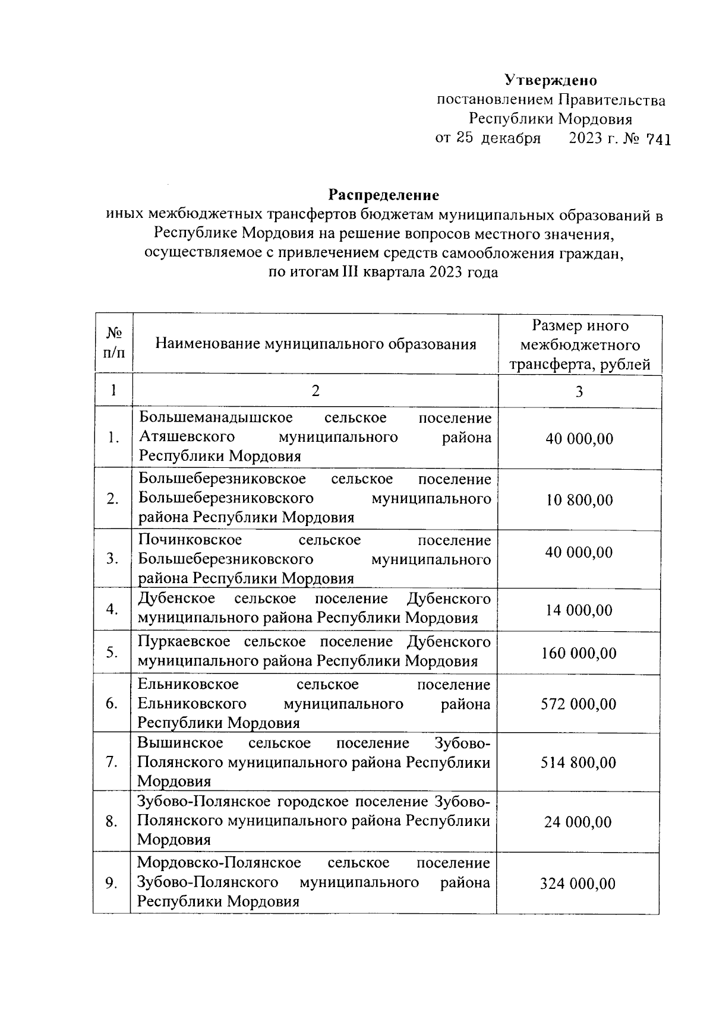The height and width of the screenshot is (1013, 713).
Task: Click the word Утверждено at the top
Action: (551, 80)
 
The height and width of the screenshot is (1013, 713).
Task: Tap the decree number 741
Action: (658, 140)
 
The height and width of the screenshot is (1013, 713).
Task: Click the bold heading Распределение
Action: (384, 195)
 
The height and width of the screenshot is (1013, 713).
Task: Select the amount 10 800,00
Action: (579, 500)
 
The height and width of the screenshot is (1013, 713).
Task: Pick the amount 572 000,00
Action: (578, 704)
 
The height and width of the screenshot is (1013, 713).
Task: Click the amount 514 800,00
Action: (578, 763)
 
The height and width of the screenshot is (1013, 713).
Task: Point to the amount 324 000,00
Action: (578, 884)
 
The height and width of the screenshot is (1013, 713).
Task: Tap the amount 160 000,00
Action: (579, 654)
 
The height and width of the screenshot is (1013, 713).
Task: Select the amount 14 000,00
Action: (579, 610)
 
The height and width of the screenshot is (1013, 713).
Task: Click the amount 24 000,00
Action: (578, 822)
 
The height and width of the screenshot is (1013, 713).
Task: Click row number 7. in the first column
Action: (112, 762)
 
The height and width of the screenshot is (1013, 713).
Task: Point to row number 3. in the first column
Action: (112, 559)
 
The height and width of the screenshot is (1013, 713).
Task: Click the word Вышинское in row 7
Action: (180, 743)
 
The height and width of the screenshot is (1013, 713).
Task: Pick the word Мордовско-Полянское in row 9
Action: (219, 863)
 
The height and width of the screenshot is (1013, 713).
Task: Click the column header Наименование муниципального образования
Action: (316, 344)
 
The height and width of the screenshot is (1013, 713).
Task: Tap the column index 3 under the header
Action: (579, 392)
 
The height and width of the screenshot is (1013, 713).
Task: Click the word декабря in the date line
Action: (510, 139)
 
